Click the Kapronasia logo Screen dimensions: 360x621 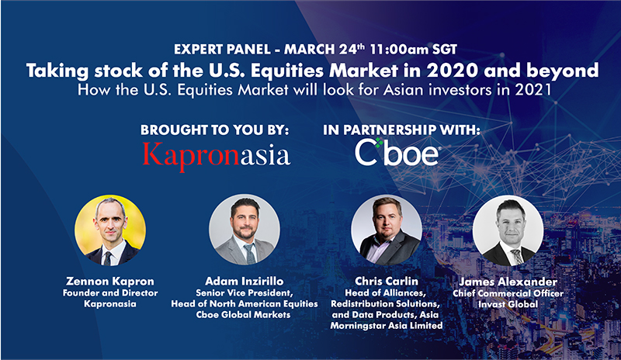coord(216,154)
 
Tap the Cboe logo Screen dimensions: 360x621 coord(397,153)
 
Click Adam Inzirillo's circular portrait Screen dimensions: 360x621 coord(245,230)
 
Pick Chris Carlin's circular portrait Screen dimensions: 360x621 coord(386,230)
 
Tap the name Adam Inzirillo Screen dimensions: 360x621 coord(245,280)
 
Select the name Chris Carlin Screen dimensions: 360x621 coord(386,280)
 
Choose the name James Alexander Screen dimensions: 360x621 coord(519,280)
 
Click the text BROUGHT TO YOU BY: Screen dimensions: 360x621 coord(216,129)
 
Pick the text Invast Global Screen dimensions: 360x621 coord(519,303)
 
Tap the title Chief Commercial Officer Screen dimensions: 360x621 coord(519,292)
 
